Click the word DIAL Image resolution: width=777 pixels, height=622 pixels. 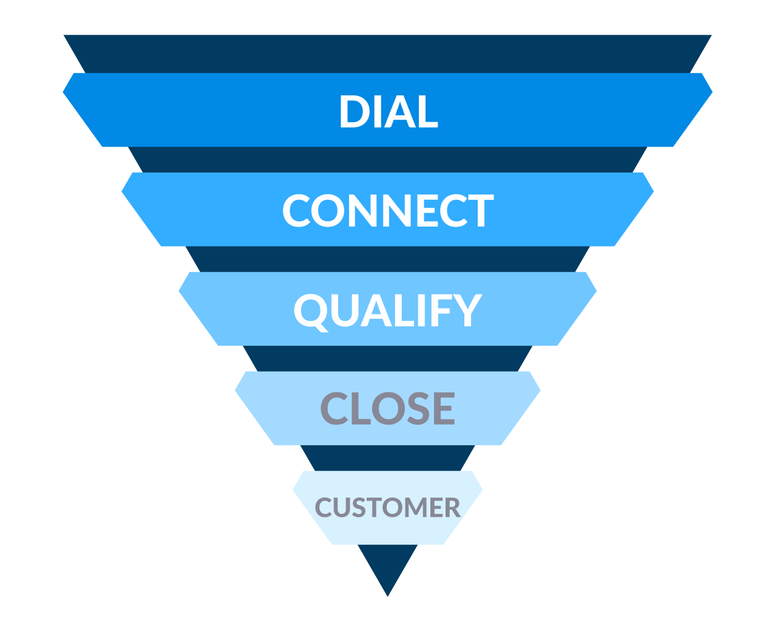pos(388,112)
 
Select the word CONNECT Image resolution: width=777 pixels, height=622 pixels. pos(388,211)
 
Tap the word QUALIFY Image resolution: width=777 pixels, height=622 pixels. pos(387,310)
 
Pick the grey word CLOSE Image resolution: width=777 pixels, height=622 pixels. pos(387,408)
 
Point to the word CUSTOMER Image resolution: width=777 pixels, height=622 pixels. pos(387,508)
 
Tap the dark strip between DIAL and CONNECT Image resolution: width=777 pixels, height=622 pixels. pos(387,160)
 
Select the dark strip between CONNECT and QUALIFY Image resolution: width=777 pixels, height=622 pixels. pos(387,259)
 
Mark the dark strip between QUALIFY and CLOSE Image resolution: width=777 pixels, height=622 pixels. pos(387,358)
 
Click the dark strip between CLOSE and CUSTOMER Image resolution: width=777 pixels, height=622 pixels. pos(387,458)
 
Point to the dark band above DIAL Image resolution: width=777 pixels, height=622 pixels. pos(387,53)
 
